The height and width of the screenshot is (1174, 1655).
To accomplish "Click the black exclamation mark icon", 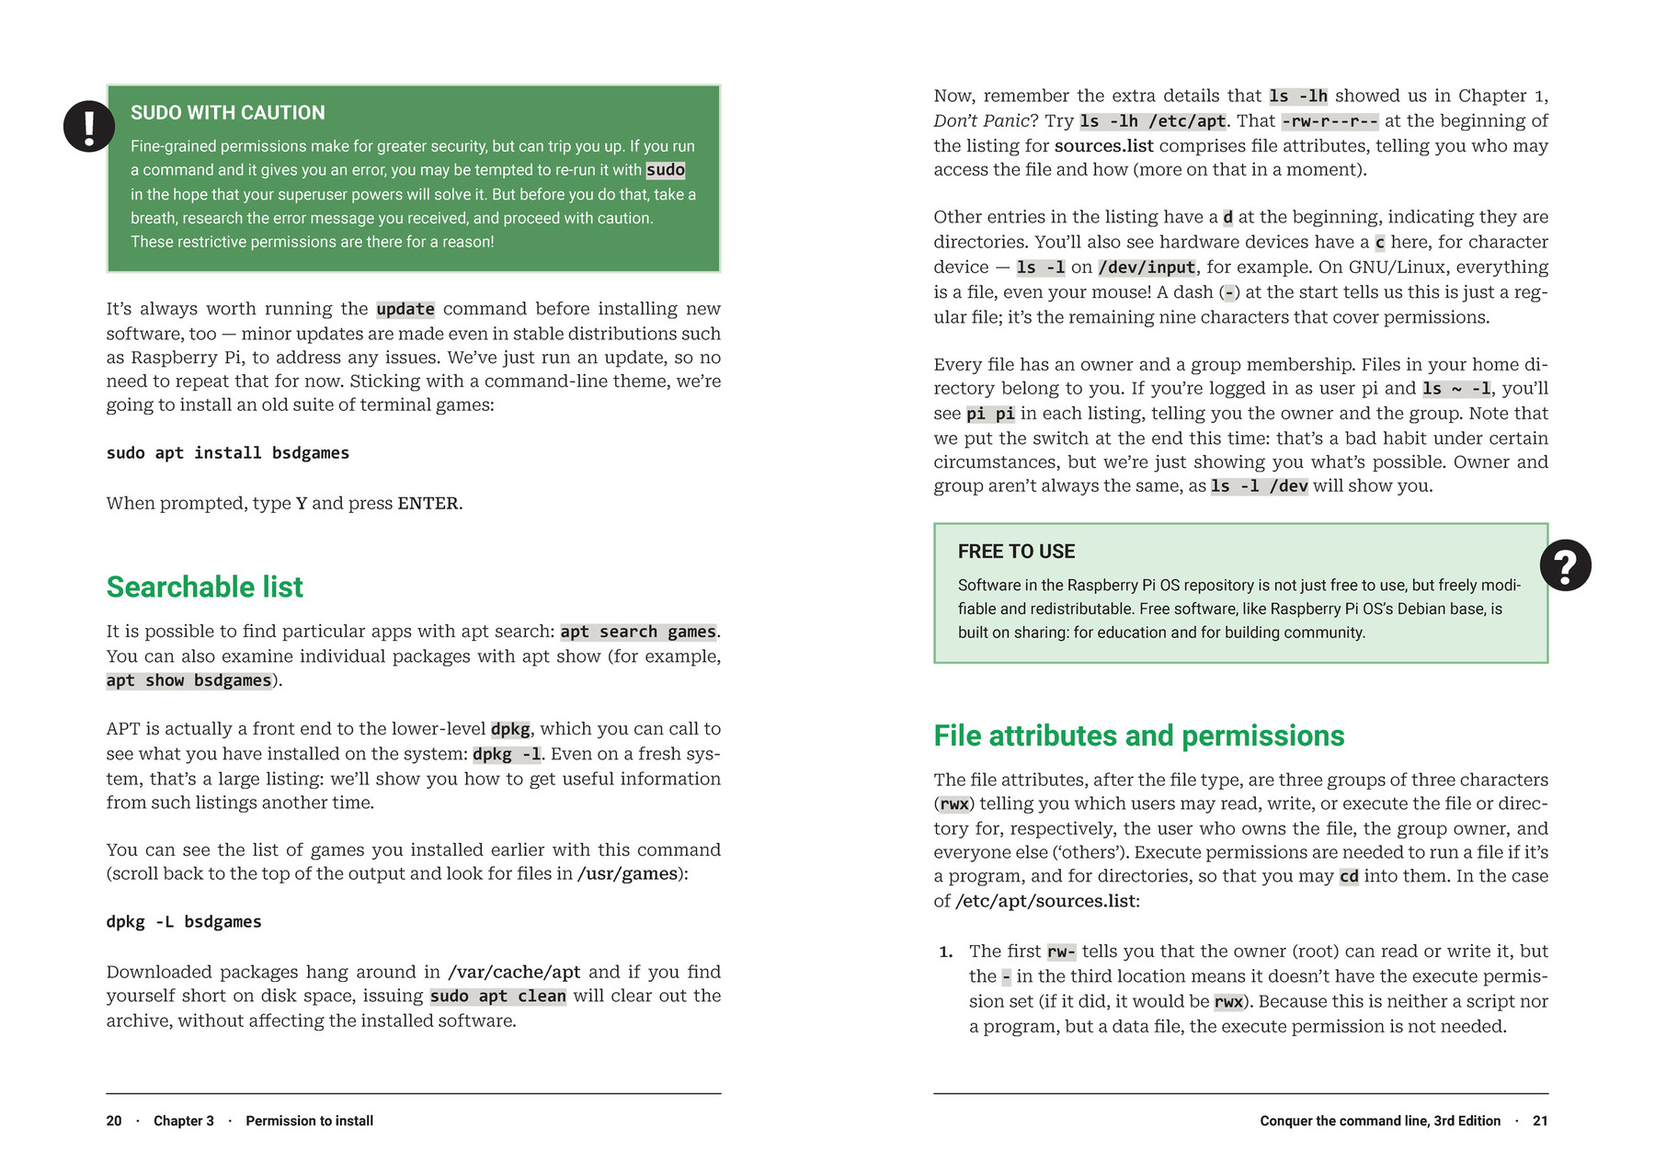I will pos(89,126).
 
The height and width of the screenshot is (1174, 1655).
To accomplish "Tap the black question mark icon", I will pos(1565,564).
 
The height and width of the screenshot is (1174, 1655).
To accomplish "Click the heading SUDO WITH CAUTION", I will pos(227,112).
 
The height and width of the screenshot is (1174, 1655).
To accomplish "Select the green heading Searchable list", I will pos(204,587).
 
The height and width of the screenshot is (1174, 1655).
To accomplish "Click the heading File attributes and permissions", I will pos(1138,735).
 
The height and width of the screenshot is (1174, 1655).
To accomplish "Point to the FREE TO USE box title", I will pos(1016,552).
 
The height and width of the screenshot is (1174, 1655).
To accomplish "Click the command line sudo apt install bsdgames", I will pos(227,453).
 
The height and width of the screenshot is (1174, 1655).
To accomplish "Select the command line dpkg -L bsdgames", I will pos(184,922).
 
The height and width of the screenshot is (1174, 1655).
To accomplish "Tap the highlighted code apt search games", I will pos(638,632).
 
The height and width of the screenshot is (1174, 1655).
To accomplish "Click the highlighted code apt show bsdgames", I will pos(188,680).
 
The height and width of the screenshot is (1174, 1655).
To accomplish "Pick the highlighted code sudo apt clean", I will pos(497,997).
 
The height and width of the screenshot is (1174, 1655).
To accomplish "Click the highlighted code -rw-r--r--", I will pos(1330,121).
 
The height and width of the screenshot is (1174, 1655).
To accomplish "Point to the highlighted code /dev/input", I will pos(1147,268).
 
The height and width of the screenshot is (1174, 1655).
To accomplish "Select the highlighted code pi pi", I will pos(990,414).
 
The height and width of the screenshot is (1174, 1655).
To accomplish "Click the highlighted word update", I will pos(405,309).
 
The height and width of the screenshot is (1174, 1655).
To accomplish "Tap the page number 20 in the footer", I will pos(114,1121).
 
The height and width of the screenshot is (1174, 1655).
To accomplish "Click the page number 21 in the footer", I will pos(1540,1121).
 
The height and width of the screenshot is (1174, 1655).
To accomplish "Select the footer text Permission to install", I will pos(309,1121).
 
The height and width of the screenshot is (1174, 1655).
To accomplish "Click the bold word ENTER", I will pos(428,504).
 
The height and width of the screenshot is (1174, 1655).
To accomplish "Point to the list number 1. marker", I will pos(945,952).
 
